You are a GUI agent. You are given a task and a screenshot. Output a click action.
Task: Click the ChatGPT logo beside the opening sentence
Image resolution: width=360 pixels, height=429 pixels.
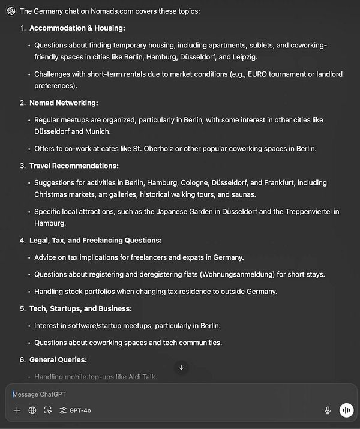click(x=11, y=11)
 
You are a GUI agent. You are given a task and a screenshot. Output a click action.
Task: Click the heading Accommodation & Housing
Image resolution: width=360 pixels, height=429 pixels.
click(x=77, y=28)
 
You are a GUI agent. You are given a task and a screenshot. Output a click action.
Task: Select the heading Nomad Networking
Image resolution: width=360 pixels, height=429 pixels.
click(x=64, y=103)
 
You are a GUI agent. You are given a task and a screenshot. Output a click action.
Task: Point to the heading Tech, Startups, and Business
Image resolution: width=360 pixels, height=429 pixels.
click(x=80, y=308)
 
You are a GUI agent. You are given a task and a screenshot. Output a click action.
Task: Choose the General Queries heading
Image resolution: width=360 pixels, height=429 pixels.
click(x=58, y=359)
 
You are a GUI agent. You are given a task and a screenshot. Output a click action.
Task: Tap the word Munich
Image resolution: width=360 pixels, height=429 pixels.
click(x=98, y=131)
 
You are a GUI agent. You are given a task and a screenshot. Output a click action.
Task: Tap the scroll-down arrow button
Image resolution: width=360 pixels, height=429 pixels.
click(x=181, y=367)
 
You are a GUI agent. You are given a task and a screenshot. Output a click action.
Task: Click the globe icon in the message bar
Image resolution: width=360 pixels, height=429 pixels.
click(x=32, y=410)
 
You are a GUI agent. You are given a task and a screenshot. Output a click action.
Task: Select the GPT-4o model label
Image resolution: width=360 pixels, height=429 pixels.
click(x=80, y=410)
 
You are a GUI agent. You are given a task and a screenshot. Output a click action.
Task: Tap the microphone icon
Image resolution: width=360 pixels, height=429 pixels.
click(x=328, y=410)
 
